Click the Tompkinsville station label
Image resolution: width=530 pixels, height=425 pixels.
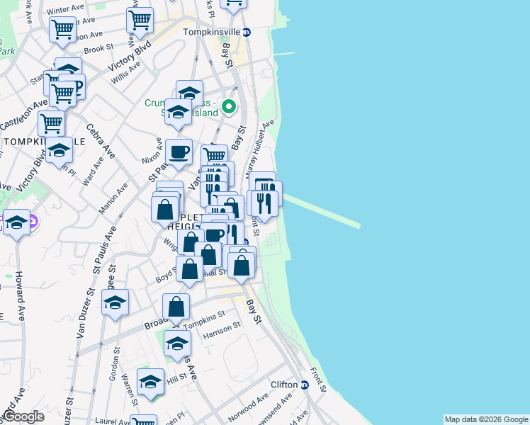211,33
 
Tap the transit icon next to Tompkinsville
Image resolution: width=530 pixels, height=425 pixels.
247,33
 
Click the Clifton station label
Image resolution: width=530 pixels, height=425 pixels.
284,385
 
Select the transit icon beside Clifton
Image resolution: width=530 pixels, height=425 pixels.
305,385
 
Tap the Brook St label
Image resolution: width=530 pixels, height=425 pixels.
98,49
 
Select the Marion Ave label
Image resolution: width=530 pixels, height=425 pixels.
113,198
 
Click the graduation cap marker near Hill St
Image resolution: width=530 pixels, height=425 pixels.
150,382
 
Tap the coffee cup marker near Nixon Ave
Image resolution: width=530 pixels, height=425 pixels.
179,151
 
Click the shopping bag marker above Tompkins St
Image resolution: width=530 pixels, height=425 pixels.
176,307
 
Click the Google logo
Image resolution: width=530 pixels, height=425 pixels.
23,416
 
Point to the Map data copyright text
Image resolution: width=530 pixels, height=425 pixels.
485,419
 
